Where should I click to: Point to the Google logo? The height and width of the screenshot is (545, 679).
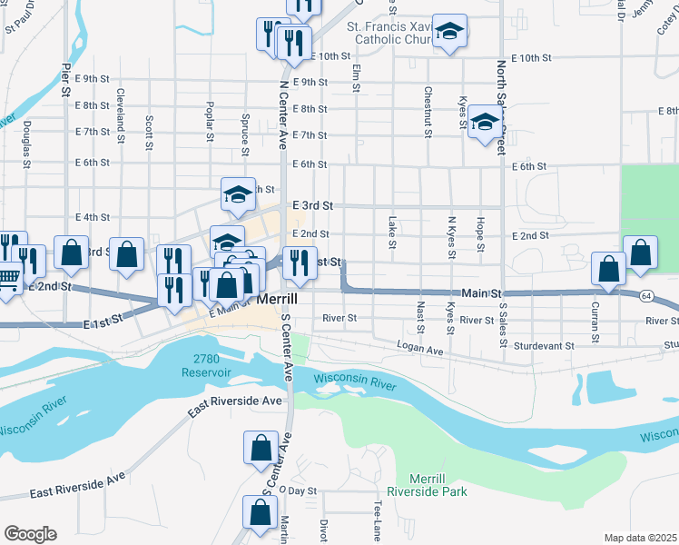click(x=30, y=534)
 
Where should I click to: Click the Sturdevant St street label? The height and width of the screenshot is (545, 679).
click(x=544, y=345)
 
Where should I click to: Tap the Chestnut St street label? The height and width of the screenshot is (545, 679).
click(x=427, y=113)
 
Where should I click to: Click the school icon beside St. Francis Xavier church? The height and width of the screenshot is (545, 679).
click(x=448, y=34)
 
